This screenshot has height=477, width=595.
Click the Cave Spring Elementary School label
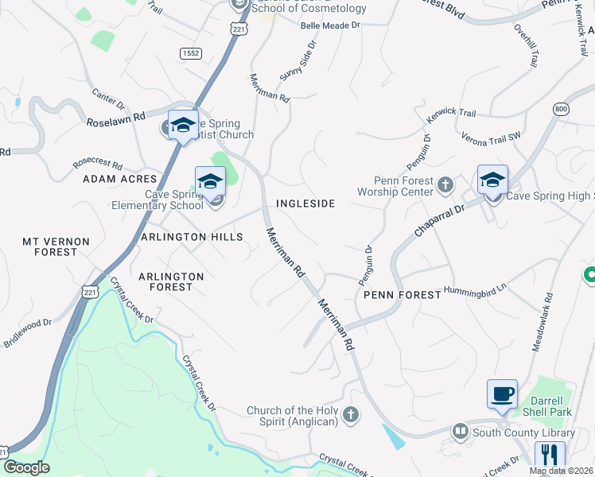point(173,200)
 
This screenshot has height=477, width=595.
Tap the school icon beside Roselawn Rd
point(184,125)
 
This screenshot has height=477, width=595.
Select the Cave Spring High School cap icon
point(492,180)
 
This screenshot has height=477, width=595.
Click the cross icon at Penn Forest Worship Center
point(445,186)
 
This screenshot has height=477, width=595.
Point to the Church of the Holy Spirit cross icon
point(350,415)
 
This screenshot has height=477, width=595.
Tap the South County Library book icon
point(460,432)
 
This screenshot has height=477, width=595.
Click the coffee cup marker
point(502,394)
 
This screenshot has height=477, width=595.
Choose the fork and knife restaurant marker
point(549,456)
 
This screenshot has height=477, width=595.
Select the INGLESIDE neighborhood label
point(305,204)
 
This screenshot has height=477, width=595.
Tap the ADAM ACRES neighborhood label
point(117,180)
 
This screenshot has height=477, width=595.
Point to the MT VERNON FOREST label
point(50,246)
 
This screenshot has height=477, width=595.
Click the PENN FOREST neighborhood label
point(402,295)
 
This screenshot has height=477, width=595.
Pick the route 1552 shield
point(190,53)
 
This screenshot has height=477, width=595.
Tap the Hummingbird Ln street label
point(475,290)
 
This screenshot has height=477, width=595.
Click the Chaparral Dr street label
point(438,220)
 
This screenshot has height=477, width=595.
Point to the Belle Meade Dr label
point(331,25)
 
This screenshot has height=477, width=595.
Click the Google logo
point(25,467)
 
